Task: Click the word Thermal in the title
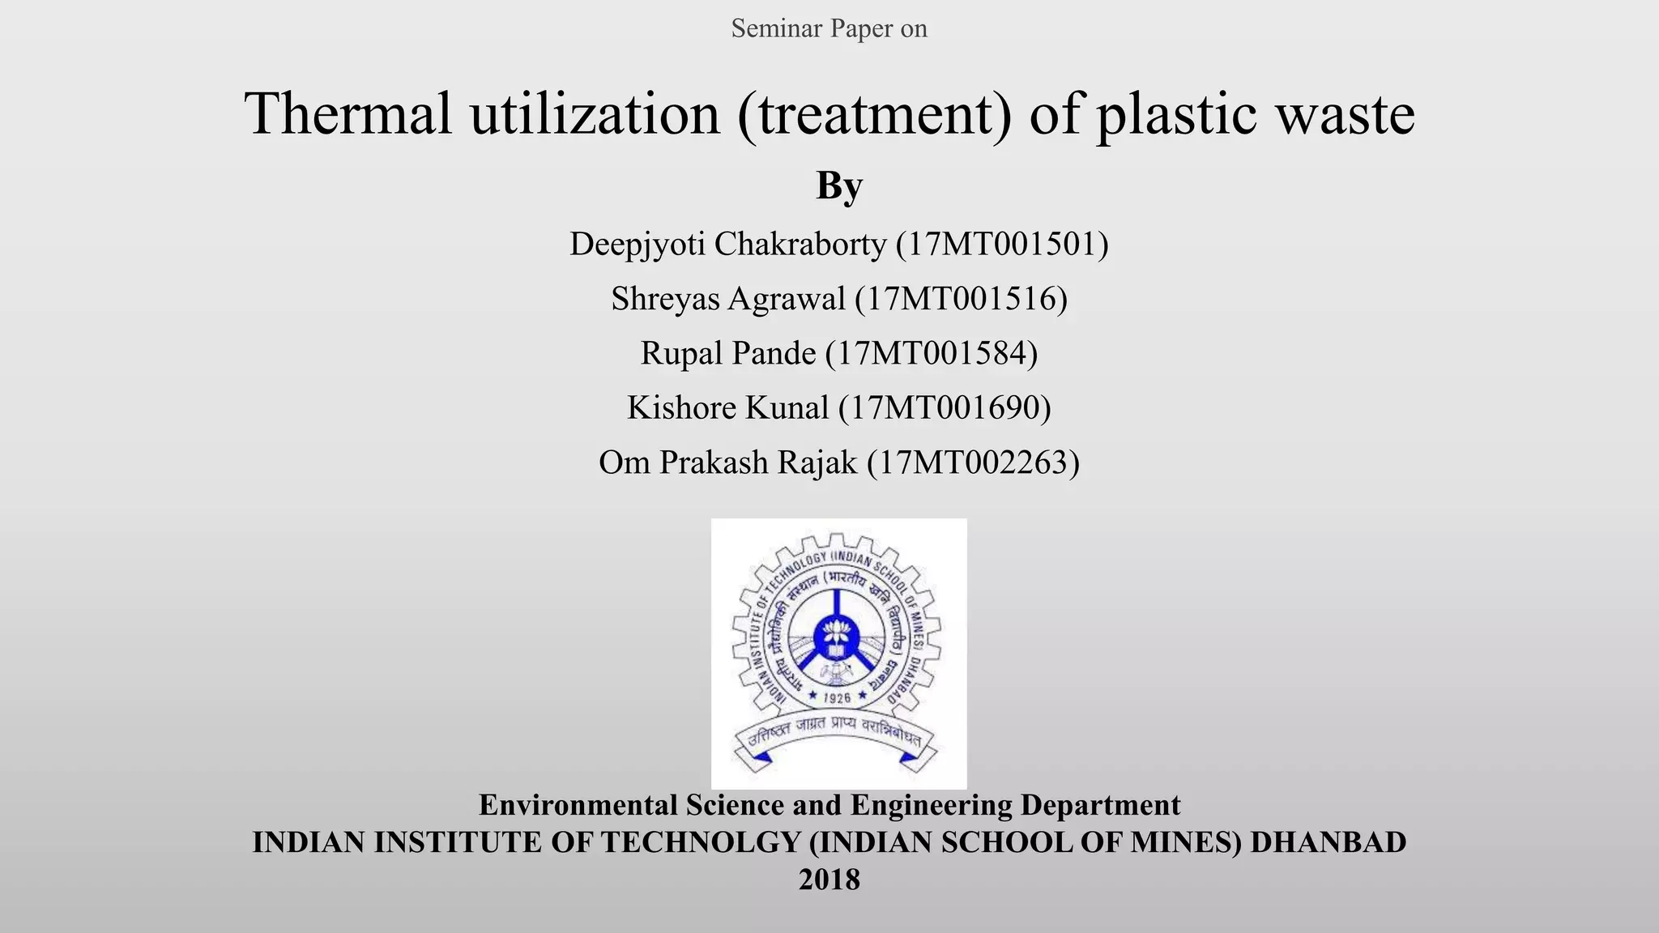348,113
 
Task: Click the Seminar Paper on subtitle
829,28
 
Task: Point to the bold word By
838,186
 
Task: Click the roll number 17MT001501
1002,244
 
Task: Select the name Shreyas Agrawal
727,299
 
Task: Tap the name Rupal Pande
727,353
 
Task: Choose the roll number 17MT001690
945,407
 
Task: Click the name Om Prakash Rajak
727,462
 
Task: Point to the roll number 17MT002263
973,462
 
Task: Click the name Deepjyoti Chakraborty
727,244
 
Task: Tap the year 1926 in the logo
837,697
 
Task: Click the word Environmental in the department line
578,805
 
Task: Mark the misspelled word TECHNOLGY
701,842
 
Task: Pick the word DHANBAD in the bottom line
1328,842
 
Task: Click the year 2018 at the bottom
829,880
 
